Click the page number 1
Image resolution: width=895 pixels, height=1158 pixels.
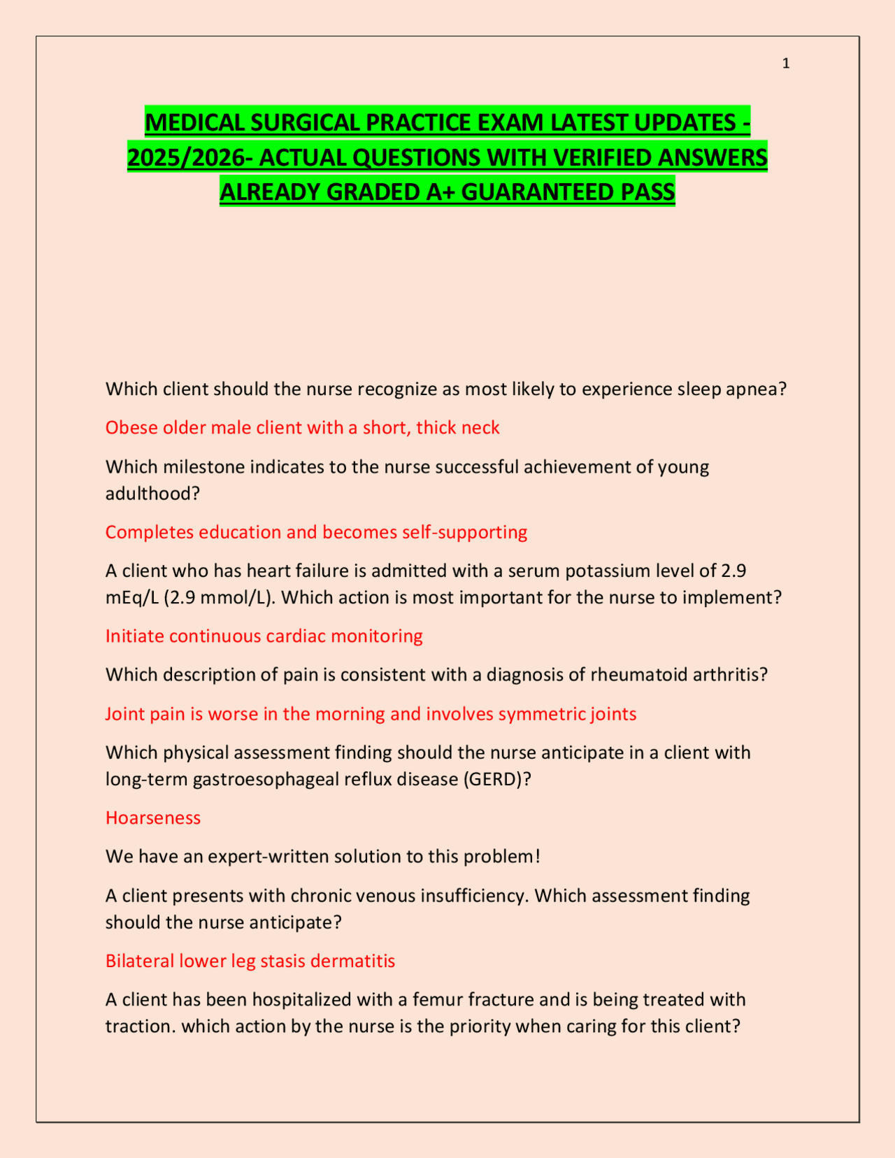(786, 64)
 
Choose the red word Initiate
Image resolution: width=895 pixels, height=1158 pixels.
(134, 636)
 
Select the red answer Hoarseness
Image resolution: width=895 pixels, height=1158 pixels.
(153, 818)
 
